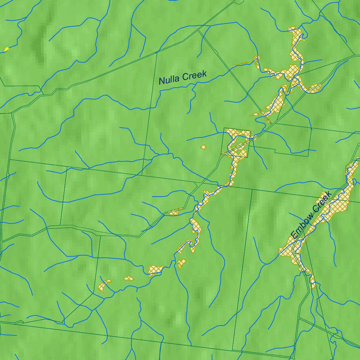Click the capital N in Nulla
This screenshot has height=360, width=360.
point(161,81)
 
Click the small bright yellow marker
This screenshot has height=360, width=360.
point(6,49)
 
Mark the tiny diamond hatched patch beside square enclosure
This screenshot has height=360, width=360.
point(203,146)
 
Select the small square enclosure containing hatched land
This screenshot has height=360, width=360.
point(236,142)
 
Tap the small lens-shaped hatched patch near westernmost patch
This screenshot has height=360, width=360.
point(129,278)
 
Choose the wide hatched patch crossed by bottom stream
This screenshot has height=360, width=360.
point(155,270)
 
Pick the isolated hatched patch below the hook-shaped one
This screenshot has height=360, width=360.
point(181,263)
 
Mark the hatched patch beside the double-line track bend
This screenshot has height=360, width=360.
point(175,211)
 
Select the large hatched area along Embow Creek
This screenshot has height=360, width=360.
point(327,211)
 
